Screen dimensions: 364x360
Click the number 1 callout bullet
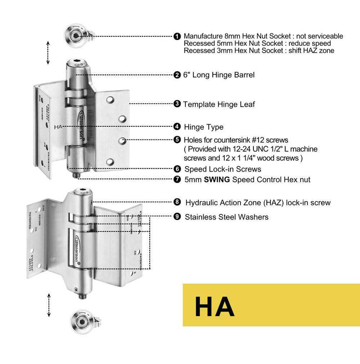pyautogui.click(x=177, y=36)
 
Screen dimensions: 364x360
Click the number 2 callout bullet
pyautogui.click(x=177, y=75)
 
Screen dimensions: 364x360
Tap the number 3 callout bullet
pyautogui.click(x=177, y=104)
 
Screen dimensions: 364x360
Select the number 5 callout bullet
pyautogui.click(x=177, y=139)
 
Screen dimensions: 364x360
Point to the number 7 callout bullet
pyautogui.click(x=177, y=179)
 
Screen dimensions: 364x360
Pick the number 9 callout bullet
pyautogui.click(x=177, y=216)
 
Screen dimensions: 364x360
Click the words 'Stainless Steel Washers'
pyautogui.click(x=226, y=216)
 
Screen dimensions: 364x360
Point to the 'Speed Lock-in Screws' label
pyautogui.click(x=223, y=169)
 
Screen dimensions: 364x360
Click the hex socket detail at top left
pyautogui.click(x=76, y=36)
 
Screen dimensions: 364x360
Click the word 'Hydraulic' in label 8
pyautogui.click(x=201, y=202)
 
